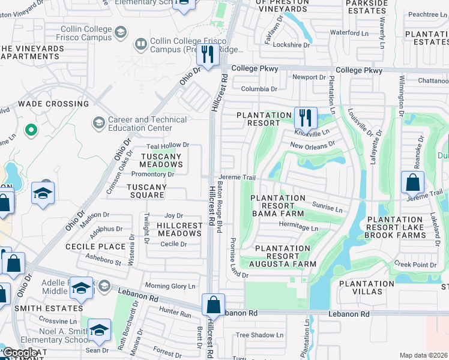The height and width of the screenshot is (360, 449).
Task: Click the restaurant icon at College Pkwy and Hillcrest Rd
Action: pos(208,55)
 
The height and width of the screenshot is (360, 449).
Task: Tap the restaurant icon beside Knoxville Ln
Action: pos(306,118)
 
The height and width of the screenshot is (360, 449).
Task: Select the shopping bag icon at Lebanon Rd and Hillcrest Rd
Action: pos(213,305)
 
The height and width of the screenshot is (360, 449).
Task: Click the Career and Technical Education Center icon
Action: pos(98,124)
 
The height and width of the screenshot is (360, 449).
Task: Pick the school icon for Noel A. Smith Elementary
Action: pos(99,330)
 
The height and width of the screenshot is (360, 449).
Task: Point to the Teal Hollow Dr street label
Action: pos(168,145)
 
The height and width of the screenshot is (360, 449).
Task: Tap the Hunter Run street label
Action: pos(175,314)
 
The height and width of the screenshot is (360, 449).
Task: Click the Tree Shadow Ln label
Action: pos(259,335)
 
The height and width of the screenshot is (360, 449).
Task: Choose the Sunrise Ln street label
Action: pos(327,209)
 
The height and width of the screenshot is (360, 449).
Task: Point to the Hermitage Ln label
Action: pos(298,228)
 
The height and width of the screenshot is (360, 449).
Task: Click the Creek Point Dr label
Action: pos(415,265)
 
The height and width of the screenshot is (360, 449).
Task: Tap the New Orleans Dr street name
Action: pos(312,145)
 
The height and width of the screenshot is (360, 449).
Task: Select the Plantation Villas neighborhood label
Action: pos(366,287)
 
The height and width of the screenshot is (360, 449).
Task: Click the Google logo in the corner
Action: pos(20,353)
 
